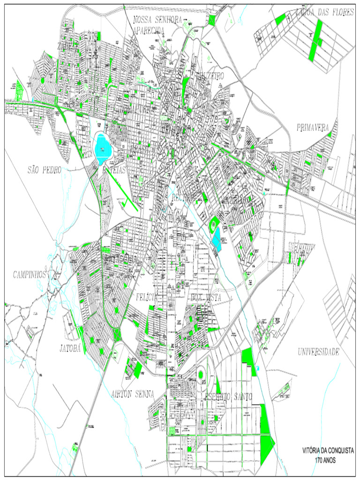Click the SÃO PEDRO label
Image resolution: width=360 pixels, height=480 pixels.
pos(45,170)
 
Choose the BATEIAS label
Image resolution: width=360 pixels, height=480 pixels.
pos(113,171)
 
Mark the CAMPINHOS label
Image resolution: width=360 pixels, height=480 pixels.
pos(29,274)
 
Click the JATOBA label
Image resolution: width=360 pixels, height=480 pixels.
pos(70,348)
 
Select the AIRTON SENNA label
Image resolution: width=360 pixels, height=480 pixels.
pos(133,394)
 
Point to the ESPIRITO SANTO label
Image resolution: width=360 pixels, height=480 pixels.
pos(228,397)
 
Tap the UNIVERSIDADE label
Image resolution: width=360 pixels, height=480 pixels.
pos(318,352)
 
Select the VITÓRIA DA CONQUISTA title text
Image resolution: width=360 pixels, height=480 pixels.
pos(328,451)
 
